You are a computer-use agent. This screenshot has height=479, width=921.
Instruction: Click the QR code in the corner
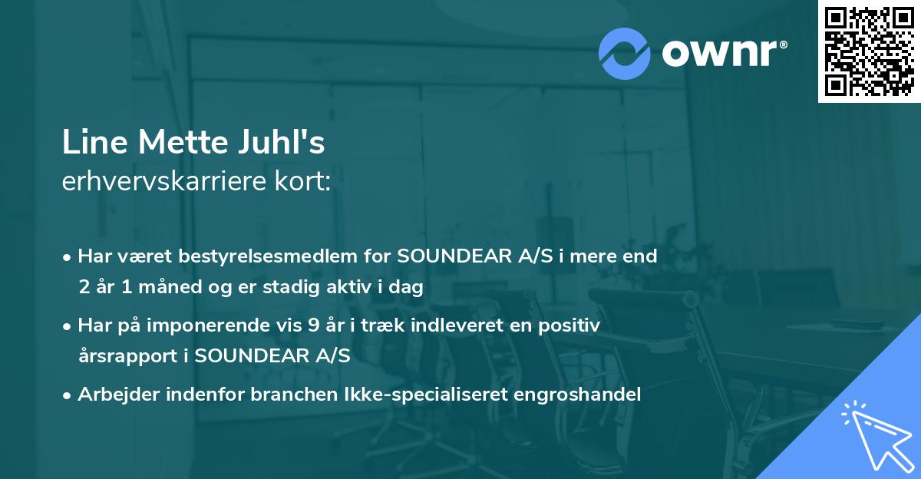[x=869, y=51]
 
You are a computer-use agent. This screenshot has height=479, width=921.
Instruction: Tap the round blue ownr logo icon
[x=624, y=53]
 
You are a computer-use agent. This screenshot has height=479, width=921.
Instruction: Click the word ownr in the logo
[x=722, y=53]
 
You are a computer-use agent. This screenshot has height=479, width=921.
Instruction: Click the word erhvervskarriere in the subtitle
[x=153, y=183]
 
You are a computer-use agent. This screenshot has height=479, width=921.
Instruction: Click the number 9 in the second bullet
[x=312, y=325]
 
